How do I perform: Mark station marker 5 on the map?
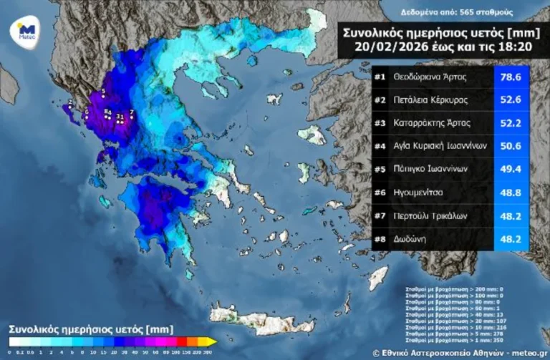[103, 92]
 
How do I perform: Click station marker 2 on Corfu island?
[69, 104]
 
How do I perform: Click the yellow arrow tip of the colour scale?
[213, 341]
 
